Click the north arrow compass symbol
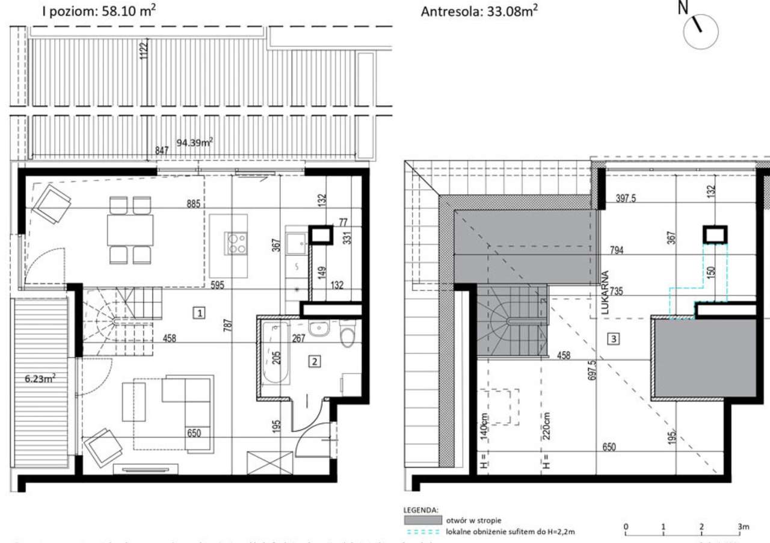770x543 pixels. (x=700, y=31)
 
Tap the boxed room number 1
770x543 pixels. (x=200, y=312)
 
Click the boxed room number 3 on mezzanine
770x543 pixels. (x=614, y=340)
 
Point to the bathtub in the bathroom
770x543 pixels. (x=276, y=353)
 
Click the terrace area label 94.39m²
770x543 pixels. (x=195, y=143)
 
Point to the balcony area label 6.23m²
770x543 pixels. (x=40, y=378)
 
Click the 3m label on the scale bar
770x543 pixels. (x=744, y=527)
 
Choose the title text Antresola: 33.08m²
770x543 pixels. (x=479, y=11)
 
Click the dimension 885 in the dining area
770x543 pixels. (x=194, y=204)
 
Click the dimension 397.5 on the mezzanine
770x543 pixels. (x=627, y=198)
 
